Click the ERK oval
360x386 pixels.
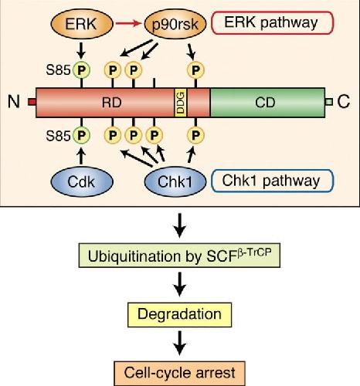coord(82,24)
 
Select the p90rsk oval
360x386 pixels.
coord(175,24)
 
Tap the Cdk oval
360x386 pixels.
coord(82,182)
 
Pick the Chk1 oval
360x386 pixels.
coord(175,182)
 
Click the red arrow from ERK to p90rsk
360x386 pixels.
coord(129,24)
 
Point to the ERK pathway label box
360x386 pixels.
coord(272,22)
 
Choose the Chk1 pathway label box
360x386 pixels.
coord(272,181)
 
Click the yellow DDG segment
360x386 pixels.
coord(181,103)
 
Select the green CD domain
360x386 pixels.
coord(267,103)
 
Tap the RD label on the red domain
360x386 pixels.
coord(111,103)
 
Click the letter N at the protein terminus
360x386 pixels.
coord(14,102)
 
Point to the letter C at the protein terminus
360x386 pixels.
coord(344,101)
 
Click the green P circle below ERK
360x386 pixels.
coord(81,70)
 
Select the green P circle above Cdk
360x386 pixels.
coord(81,135)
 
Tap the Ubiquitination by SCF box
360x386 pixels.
coord(179,256)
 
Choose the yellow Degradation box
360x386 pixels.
coord(179,315)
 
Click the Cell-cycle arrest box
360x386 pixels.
coord(179,374)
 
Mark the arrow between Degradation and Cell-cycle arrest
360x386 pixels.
coord(179,343)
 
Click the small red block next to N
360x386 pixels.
coord(32,102)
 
